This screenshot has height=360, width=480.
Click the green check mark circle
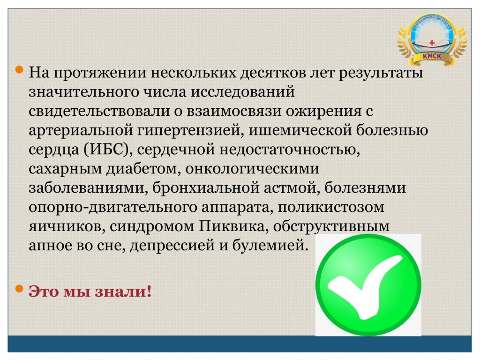(x=368, y=285)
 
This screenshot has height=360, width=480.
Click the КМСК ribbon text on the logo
(x=432, y=56)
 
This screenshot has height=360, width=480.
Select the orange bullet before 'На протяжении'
(x=19, y=70)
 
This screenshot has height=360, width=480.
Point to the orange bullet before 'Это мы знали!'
(x=19, y=288)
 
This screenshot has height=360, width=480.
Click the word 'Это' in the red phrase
(x=44, y=291)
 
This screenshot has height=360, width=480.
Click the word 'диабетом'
(x=142, y=169)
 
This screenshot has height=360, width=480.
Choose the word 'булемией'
(x=270, y=246)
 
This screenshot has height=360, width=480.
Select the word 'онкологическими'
(x=252, y=169)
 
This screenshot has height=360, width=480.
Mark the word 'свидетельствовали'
(x=99, y=111)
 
